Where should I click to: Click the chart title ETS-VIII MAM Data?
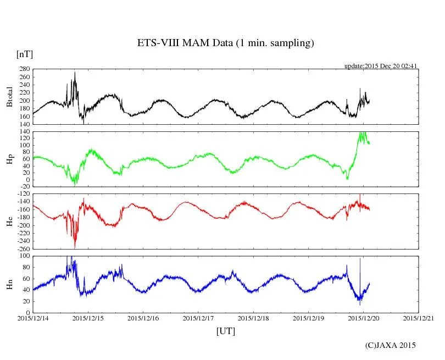[225, 43]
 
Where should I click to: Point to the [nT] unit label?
[24, 54]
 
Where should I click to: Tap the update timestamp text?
[381, 65]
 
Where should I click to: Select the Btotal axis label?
[9, 97]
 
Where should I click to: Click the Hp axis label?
[9, 159]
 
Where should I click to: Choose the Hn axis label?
[9, 284]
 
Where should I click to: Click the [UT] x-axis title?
[225, 331]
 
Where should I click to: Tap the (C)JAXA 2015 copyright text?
[391, 345]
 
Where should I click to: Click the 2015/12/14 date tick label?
[33, 318]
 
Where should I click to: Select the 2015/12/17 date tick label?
[198, 318]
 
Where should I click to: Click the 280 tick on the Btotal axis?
[23, 69]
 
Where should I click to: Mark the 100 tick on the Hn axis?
[24, 256]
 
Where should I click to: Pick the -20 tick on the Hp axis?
[24, 187]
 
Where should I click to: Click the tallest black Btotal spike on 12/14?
[75, 73]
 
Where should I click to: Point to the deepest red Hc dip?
[75, 247]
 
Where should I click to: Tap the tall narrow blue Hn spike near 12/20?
[360, 259]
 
